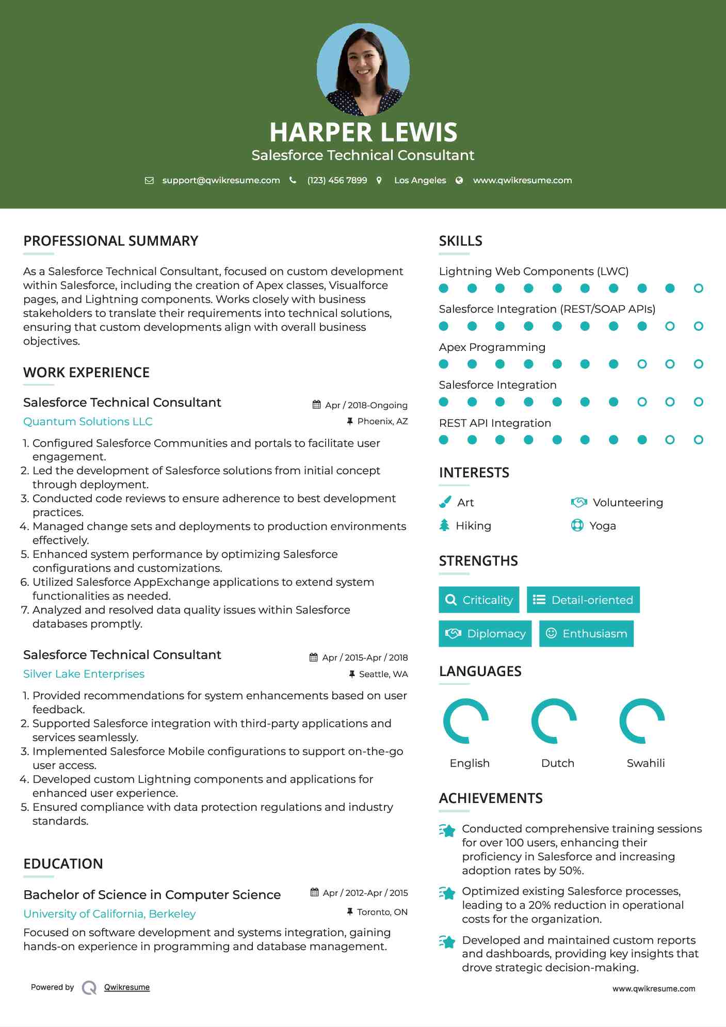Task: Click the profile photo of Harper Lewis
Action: click(363, 70)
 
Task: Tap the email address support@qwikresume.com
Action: click(221, 180)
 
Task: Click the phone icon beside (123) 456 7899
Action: click(293, 180)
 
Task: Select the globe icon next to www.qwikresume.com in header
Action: click(459, 180)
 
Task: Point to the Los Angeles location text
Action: click(420, 180)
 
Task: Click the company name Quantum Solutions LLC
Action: click(88, 422)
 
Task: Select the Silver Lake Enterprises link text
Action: click(84, 674)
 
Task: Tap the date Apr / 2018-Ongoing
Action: click(366, 405)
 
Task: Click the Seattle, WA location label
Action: click(383, 674)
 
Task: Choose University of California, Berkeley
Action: click(109, 914)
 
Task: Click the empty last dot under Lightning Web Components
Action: click(698, 288)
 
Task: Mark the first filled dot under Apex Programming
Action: click(443, 364)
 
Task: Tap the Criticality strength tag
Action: click(479, 600)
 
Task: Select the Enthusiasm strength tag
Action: click(586, 633)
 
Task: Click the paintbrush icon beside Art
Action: click(445, 502)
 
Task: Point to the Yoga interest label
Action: click(602, 526)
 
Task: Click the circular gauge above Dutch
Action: click(554, 721)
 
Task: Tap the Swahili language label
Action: click(646, 763)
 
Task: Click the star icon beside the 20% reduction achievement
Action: click(447, 893)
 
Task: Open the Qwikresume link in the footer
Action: click(126, 987)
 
